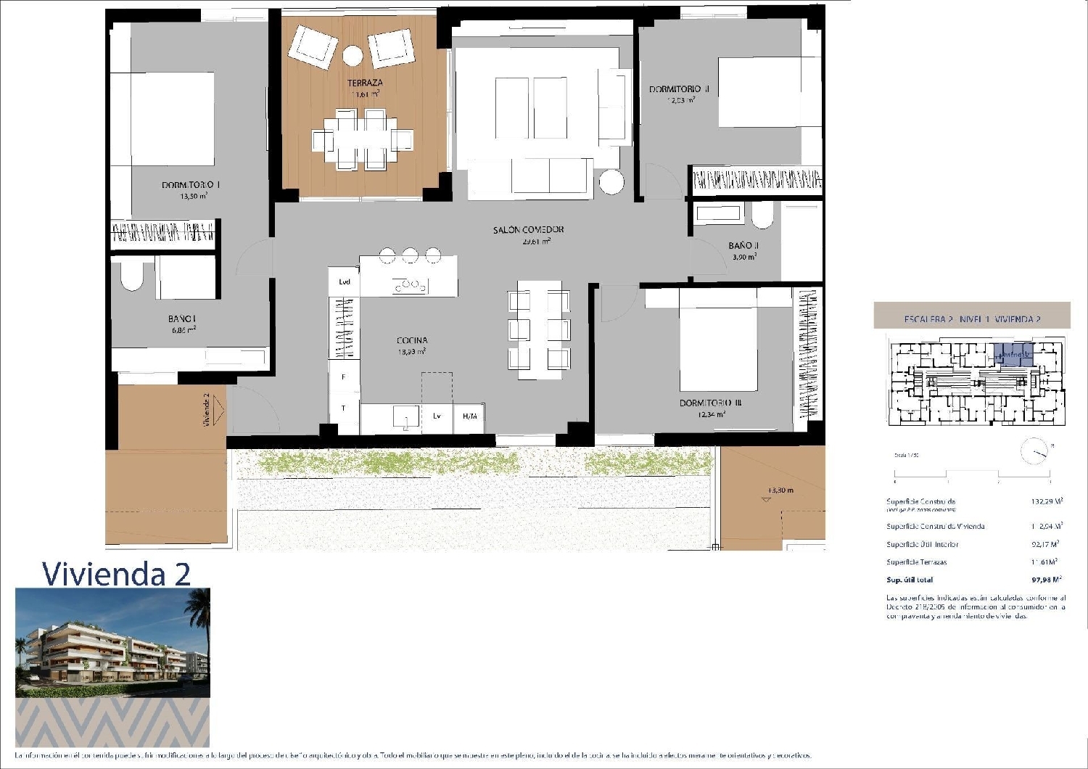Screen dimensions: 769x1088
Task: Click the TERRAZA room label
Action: (365, 83)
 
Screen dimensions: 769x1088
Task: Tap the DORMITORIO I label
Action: (191, 186)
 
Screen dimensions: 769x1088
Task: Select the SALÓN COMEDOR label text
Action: (528, 230)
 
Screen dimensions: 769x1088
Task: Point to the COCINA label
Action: (411, 340)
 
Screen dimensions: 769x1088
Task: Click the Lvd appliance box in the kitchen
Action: (345, 281)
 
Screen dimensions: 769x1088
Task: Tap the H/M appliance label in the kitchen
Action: (469, 416)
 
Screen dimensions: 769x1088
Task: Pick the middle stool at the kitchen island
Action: (410, 255)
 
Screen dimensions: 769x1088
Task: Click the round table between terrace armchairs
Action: (353, 56)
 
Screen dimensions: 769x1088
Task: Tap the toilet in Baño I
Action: (133, 276)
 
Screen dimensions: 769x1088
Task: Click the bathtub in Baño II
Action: (718, 213)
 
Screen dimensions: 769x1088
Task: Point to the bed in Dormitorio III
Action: (718, 348)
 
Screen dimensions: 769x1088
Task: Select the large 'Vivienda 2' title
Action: (116, 573)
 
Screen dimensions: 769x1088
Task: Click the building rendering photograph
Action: (112, 643)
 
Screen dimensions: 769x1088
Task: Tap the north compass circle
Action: (1034, 452)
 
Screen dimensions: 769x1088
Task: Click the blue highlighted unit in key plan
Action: (1013, 353)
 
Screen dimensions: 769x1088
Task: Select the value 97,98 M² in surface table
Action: (1046, 580)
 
